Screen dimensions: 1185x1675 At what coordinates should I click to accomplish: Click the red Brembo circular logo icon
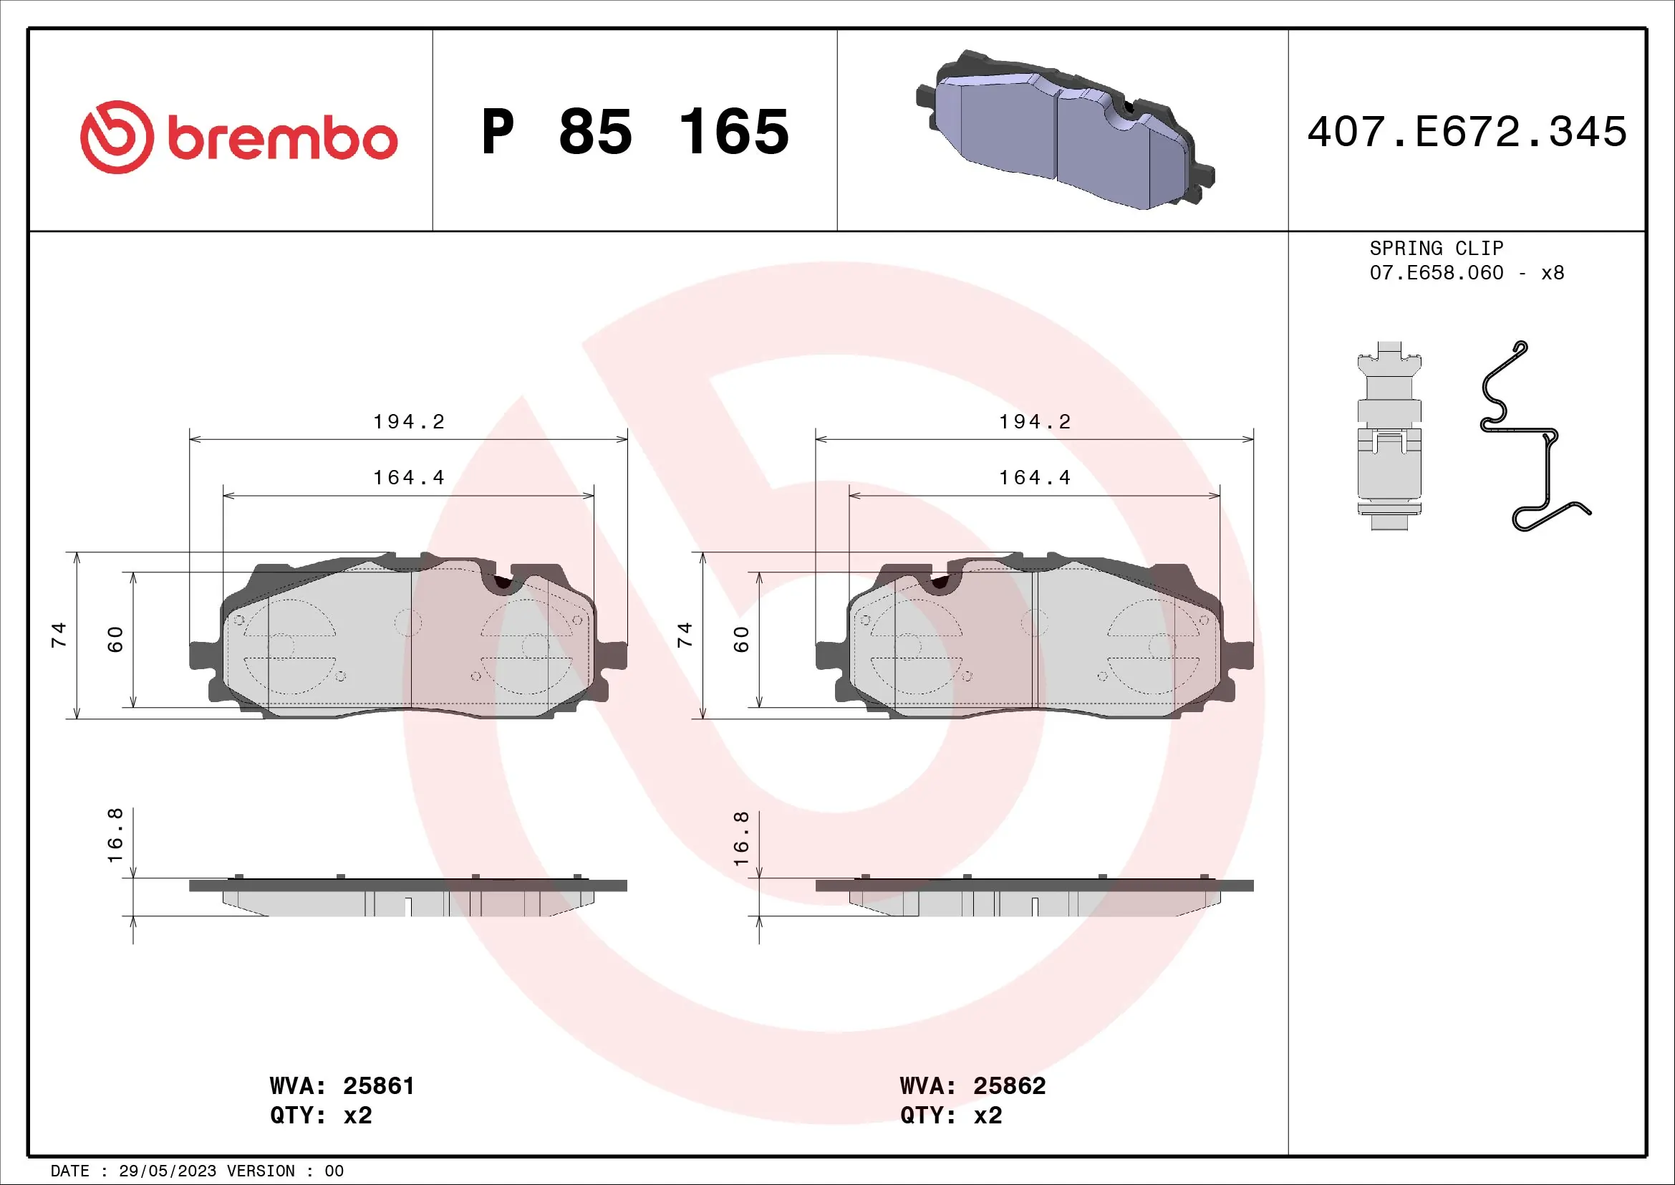coord(117,137)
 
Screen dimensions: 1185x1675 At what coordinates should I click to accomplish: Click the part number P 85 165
coord(634,132)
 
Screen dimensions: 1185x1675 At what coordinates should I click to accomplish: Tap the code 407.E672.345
coord(1467,132)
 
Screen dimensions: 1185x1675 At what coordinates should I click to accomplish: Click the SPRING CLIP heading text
coord(1436,248)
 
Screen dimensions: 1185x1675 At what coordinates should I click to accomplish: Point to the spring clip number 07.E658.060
coord(1436,273)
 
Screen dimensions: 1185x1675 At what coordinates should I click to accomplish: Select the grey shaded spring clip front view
coord(1389,436)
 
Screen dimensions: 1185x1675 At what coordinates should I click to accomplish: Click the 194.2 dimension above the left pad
coord(408,422)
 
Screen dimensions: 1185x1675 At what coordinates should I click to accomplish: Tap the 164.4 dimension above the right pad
coord(1035,478)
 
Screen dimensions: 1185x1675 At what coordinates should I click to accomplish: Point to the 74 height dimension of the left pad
coord(58,635)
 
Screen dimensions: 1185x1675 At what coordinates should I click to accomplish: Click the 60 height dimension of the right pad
coord(741,639)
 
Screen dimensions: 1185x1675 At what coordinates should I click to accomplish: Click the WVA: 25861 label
coord(342,1085)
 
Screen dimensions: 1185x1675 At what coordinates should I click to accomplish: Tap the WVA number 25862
coord(1009,1085)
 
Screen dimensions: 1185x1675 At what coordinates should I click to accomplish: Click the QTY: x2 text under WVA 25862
coord(950,1116)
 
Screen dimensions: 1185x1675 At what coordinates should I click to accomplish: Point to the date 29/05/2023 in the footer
coord(167,1171)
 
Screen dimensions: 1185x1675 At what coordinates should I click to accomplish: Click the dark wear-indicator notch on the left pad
coord(502,582)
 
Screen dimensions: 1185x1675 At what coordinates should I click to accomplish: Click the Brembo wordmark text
coord(283,139)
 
